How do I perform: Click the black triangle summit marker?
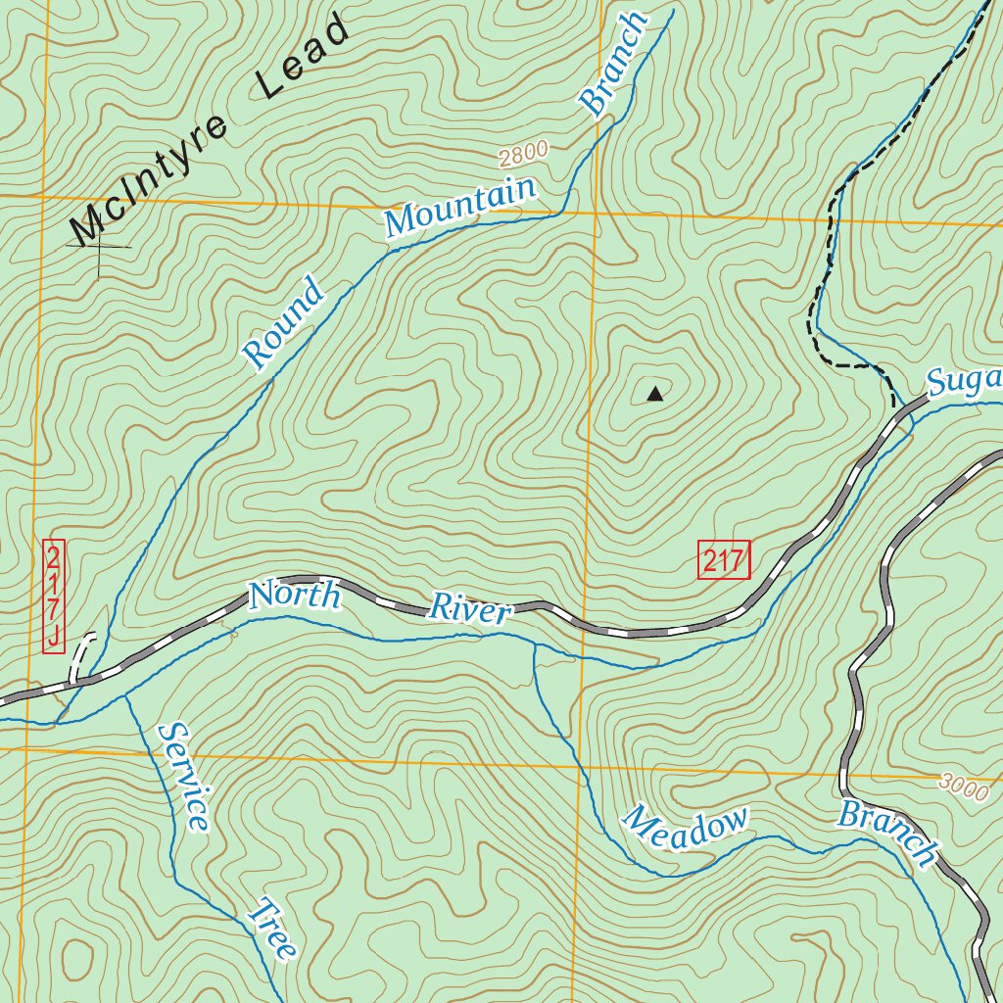click(655, 395)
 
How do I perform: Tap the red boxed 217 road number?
click(724, 561)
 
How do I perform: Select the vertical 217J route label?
click(54, 597)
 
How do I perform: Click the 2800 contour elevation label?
click(522, 152)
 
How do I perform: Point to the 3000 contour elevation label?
click(964, 787)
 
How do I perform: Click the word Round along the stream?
click(283, 323)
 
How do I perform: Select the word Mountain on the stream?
click(460, 207)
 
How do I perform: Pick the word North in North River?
click(294, 595)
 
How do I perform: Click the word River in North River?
click(470, 609)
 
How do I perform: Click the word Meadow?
click(687, 829)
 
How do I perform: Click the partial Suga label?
click(966, 380)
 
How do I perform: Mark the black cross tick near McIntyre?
click(100, 247)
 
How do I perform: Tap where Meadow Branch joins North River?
click(535, 645)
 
